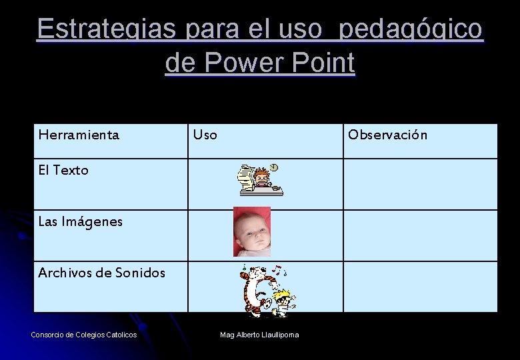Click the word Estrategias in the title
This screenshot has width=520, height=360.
pos(107,29)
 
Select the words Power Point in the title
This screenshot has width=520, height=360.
pos(279,63)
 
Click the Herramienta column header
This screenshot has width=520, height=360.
pos(79,135)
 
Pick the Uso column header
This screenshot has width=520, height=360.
pos(205,135)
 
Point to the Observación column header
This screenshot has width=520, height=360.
pos(387,135)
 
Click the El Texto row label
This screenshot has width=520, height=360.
pos(63,170)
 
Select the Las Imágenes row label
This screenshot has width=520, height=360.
pos(80,221)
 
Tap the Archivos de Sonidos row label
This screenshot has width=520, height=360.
pos(101,272)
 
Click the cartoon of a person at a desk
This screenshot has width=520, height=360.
pos(261,180)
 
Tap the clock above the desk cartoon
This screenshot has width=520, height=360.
pos(274,167)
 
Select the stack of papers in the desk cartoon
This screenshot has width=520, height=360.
pos(247,177)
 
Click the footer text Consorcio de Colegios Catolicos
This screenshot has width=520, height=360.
pos(84,334)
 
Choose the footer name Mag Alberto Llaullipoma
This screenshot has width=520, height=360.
pos(259,334)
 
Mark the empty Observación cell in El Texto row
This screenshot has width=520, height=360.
pos(420,184)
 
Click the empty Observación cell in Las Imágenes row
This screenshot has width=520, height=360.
pos(420,235)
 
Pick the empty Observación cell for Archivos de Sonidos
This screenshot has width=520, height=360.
pos(420,287)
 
